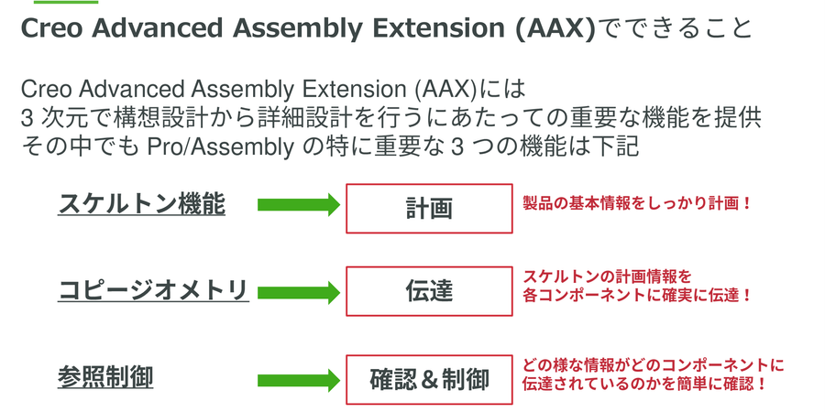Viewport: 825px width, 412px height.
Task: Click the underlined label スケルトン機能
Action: tap(141, 204)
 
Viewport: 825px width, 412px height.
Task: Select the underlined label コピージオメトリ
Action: tap(153, 290)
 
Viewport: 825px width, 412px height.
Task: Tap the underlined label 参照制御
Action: tap(105, 377)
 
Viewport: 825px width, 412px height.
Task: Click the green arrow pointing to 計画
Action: tap(299, 204)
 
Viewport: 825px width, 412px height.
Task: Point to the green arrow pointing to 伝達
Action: tap(299, 293)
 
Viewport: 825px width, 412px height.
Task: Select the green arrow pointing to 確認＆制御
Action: tap(299, 381)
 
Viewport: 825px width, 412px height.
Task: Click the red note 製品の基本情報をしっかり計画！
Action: tap(637, 203)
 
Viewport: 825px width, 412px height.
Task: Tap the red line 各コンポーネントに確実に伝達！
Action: tap(637, 295)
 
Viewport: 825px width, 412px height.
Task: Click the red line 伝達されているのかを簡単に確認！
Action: tap(644, 384)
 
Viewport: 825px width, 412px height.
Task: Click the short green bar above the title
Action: tap(66, 2)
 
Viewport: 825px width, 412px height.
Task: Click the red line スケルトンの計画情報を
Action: tap(607, 276)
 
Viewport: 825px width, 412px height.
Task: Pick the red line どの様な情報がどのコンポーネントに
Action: tap(653, 364)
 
